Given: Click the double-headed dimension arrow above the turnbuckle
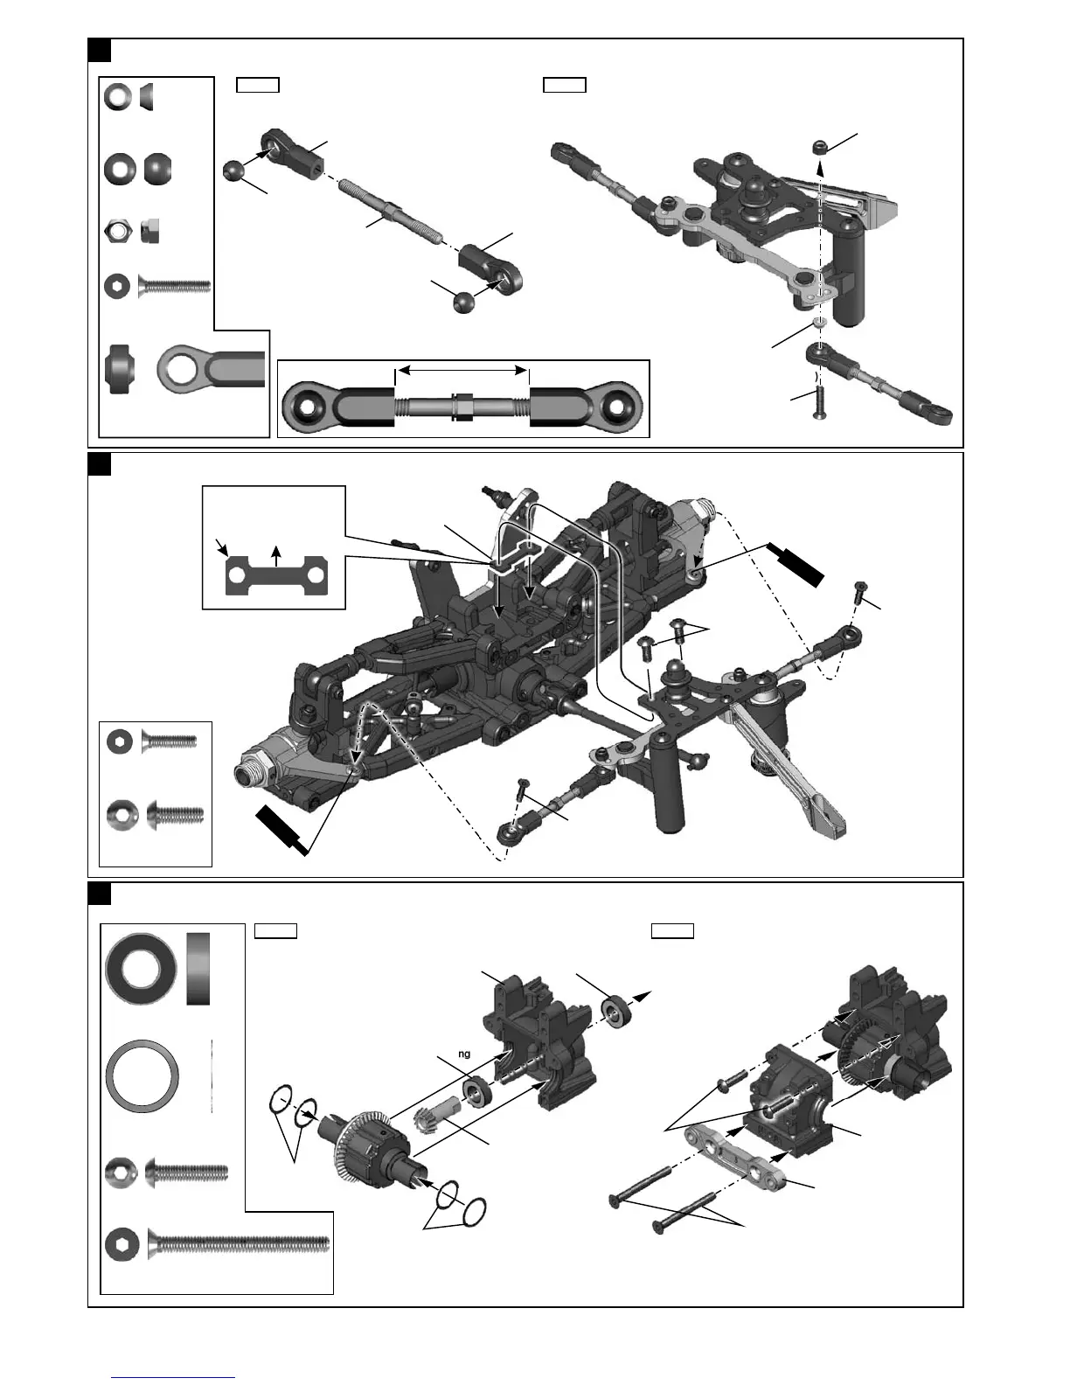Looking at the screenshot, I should click(x=462, y=372).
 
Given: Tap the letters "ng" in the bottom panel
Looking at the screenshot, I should click(x=464, y=1054).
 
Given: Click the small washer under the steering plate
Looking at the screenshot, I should click(x=819, y=323).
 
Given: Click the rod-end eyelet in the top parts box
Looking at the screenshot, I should click(x=210, y=369).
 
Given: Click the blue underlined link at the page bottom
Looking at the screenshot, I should click(x=173, y=1377).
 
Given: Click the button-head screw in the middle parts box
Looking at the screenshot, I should click(x=175, y=816).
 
